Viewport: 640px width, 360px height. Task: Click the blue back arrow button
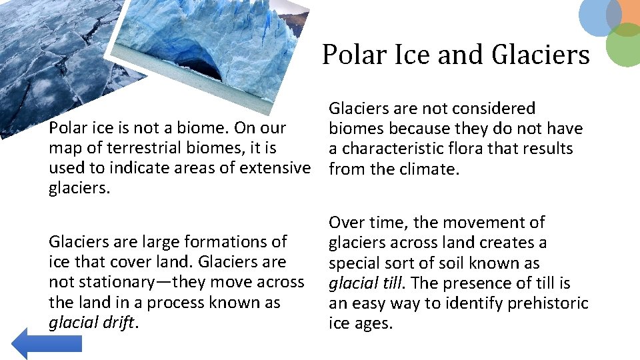pyautogui.click(x=45, y=343)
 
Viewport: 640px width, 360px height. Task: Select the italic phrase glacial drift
pyautogui.click(x=92, y=323)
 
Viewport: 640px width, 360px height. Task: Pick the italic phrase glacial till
pyautogui.click(x=365, y=283)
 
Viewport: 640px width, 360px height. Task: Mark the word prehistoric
pyautogui.click(x=549, y=303)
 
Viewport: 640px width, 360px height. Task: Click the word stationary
pyautogui.click(x=119, y=283)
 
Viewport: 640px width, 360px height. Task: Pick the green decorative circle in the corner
pyautogui.click(x=625, y=45)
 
